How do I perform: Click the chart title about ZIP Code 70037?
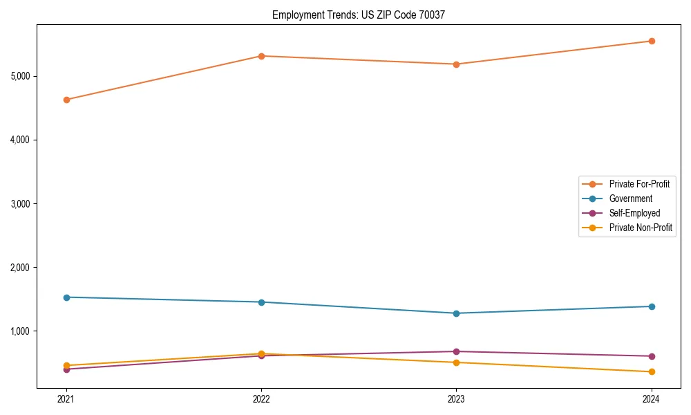click(359, 15)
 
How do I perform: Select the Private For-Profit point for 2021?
click(66, 100)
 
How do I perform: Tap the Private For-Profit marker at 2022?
click(261, 56)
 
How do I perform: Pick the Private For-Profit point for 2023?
click(456, 64)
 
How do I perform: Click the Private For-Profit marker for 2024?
click(651, 41)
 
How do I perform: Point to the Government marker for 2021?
click(66, 297)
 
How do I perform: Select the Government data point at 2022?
click(261, 302)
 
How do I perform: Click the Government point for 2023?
click(456, 313)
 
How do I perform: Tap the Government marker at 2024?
click(651, 306)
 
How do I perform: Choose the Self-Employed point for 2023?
click(456, 351)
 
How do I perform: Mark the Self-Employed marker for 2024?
click(651, 356)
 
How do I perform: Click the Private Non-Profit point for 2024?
click(651, 372)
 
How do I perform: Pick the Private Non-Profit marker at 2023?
click(456, 362)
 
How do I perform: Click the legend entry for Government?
click(630, 199)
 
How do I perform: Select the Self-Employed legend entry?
click(634, 213)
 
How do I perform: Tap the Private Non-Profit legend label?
click(641, 228)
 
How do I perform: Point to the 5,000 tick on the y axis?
click(24, 76)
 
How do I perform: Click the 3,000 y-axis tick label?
click(24, 204)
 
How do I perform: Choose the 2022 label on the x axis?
click(261, 398)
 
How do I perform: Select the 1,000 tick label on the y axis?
click(24, 331)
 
